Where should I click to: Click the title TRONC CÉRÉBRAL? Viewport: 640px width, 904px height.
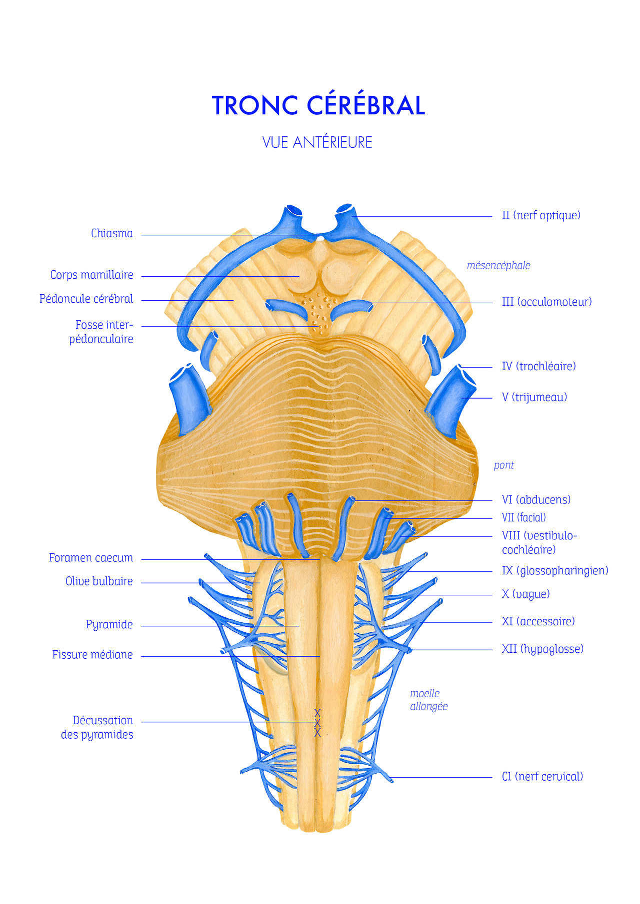[318, 105]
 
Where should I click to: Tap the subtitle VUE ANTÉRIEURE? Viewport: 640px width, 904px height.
[317, 142]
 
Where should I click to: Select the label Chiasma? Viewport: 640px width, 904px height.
[112, 233]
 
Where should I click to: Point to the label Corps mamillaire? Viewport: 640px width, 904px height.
[91, 275]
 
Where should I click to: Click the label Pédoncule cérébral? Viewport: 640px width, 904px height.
[86, 299]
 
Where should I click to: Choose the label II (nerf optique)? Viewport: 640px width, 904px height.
[541, 215]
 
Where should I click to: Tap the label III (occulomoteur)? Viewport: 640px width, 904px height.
[546, 302]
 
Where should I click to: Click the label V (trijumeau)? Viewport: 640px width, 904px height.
[534, 397]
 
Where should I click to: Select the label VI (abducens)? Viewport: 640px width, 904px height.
[536, 499]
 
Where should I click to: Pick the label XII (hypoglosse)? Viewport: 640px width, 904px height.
[542, 649]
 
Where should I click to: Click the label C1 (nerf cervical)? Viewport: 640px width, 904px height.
[542, 776]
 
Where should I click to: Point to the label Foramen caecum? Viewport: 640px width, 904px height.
[91, 558]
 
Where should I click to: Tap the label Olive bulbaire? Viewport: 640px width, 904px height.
[99, 581]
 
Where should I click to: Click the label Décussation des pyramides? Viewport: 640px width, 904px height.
[97, 727]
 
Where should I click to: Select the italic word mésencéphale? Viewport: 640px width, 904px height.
[498, 265]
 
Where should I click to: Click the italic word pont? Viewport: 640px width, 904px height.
[503, 465]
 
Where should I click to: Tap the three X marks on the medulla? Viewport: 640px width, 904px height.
[317, 723]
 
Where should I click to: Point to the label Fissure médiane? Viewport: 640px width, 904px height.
[92, 655]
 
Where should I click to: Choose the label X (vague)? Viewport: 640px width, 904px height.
[525, 594]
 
